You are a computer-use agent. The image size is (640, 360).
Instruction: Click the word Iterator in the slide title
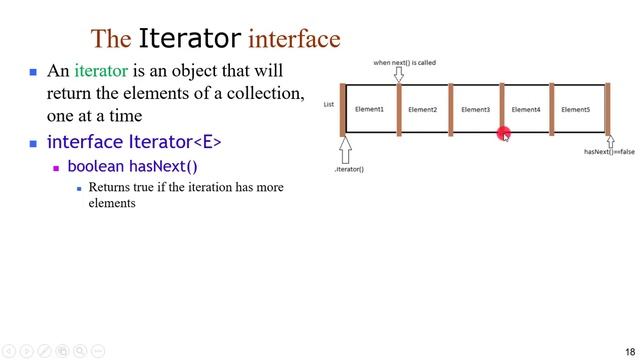(189, 39)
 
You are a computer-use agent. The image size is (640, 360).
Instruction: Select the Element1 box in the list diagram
(369, 109)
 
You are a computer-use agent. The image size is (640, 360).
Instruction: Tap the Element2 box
(422, 109)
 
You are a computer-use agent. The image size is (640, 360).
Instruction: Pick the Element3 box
(475, 109)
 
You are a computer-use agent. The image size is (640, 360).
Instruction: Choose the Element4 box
(525, 109)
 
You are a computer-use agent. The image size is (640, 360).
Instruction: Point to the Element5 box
(575, 109)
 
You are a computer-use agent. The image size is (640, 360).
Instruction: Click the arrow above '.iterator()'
(346, 149)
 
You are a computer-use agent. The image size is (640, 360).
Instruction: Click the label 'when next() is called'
(404, 63)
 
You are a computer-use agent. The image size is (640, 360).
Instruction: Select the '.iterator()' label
(349, 169)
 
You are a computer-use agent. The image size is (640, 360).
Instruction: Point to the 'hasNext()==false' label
(609, 152)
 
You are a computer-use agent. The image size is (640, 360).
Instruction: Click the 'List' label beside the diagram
(329, 104)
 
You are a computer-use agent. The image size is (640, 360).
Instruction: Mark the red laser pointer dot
(503, 132)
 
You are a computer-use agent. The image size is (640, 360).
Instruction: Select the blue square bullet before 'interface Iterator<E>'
(33, 143)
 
